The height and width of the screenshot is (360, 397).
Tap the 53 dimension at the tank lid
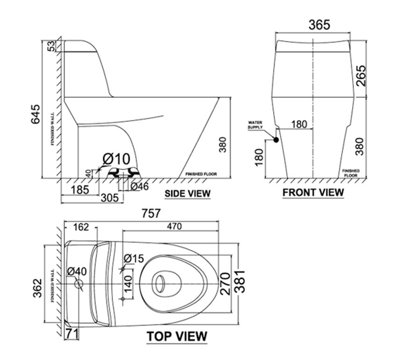tap(52, 46)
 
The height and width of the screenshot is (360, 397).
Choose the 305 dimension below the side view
tap(110, 198)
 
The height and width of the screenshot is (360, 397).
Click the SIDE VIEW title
tap(187, 193)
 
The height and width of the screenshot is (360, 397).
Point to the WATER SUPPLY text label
tap(255, 124)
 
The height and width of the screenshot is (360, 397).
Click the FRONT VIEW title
tap(313, 192)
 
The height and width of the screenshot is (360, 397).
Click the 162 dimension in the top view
tap(81, 227)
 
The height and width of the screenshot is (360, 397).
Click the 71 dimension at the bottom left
tap(71, 333)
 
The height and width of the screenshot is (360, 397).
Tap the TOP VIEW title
tap(177, 336)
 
